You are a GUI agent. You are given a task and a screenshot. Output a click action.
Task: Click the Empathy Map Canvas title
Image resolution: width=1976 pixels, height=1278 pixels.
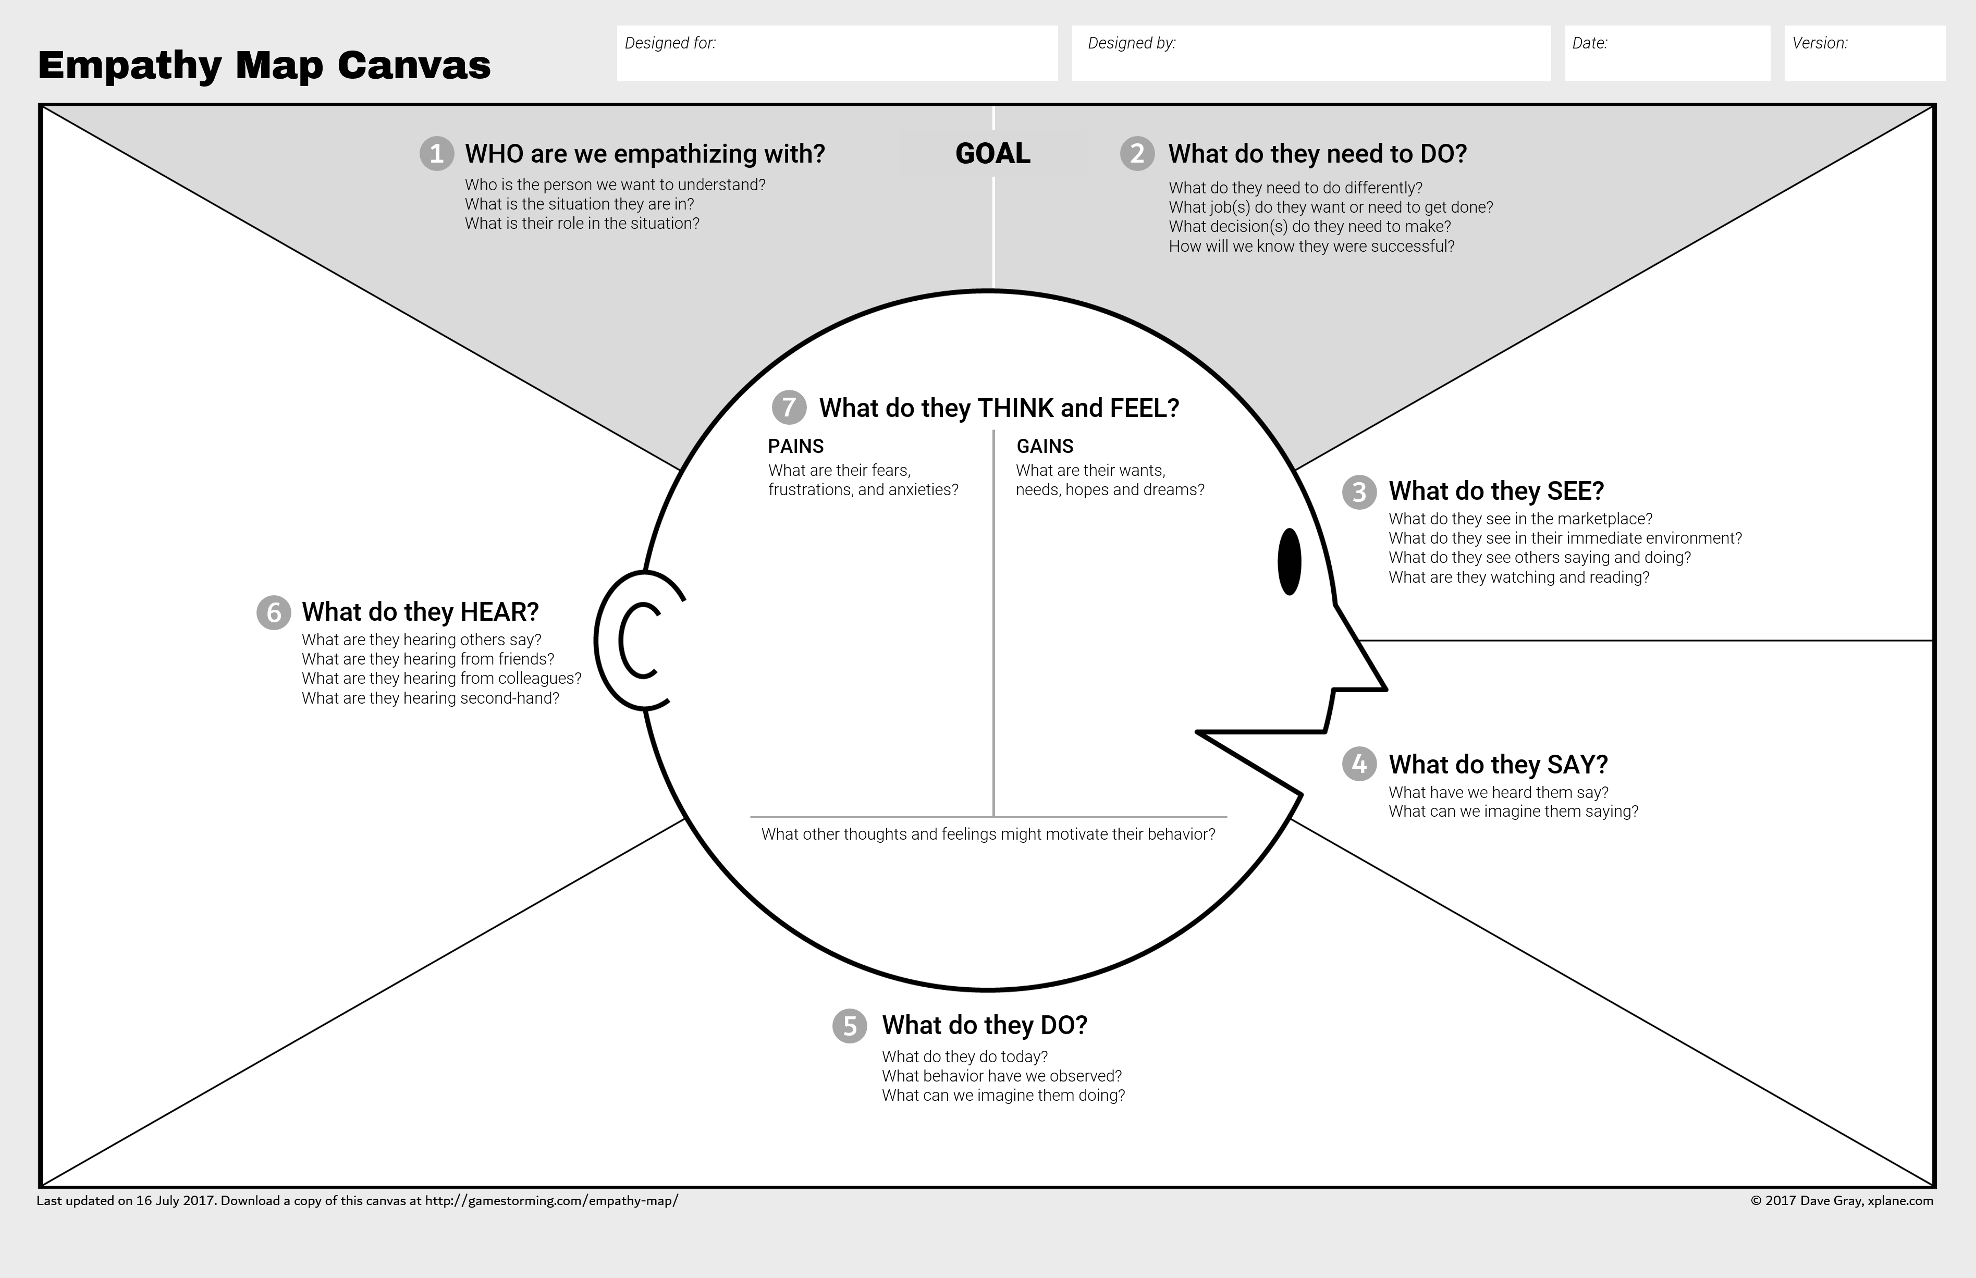(264, 65)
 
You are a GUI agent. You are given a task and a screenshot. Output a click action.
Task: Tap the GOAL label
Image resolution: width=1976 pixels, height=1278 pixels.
(992, 154)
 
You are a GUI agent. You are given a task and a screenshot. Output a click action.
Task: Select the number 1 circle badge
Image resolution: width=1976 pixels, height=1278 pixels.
(436, 154)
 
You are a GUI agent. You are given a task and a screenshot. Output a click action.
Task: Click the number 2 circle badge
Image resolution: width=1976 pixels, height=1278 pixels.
(1137, 154)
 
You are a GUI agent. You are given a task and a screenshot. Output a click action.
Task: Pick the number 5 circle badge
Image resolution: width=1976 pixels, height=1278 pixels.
(849, 1026)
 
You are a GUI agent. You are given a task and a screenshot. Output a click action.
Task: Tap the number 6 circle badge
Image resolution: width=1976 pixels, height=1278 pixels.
(273, 612)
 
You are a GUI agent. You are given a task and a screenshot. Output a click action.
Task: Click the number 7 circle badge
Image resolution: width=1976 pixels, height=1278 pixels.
(789, 408)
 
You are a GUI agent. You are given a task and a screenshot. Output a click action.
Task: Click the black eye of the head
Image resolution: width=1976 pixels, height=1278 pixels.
(1289, 562)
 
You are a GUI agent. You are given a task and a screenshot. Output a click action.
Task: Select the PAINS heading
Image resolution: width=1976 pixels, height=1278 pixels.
(795, 447)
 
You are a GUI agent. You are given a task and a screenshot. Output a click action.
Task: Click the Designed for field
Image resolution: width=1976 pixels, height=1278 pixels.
(837, 53)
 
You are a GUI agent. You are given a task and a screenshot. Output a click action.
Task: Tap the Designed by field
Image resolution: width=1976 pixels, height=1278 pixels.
(1310, 53)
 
